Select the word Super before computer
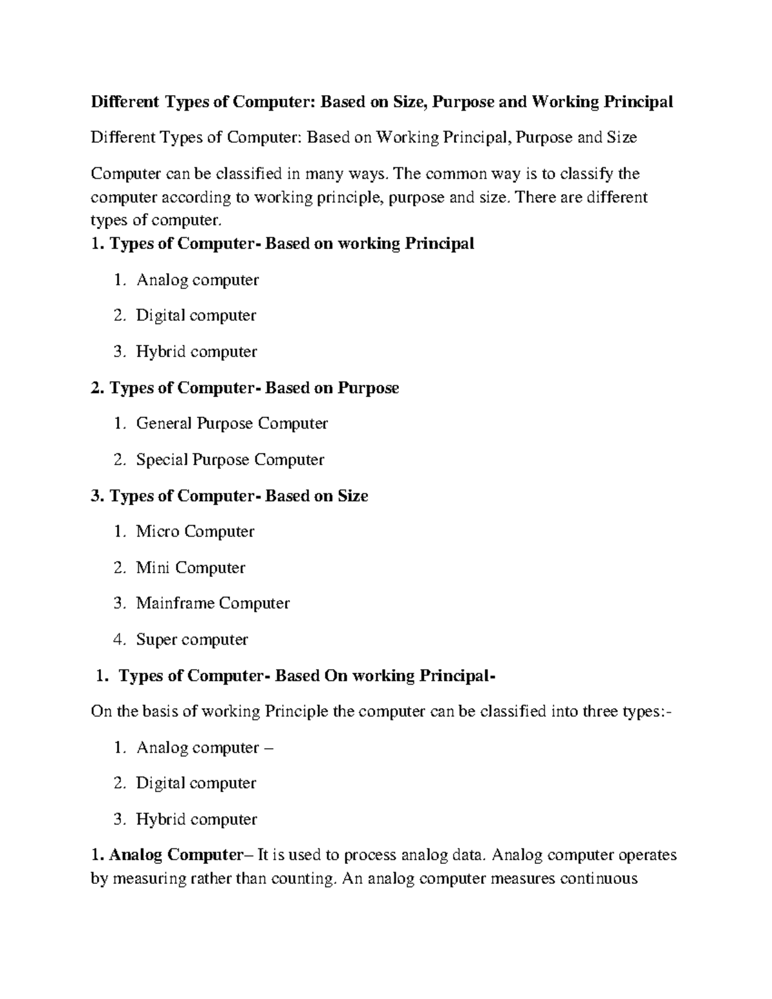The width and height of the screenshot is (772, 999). (x=156, y=639)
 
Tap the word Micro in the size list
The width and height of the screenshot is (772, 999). (x=158, y=531)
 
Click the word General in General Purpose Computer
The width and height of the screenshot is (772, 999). (x=163, y=423)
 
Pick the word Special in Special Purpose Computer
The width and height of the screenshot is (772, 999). (x=161, y=459)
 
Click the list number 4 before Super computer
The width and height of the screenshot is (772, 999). (x=118, y=639)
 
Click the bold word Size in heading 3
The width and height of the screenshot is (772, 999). (x=353, y=496)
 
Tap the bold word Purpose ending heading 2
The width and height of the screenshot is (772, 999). (x=368, y=388)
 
